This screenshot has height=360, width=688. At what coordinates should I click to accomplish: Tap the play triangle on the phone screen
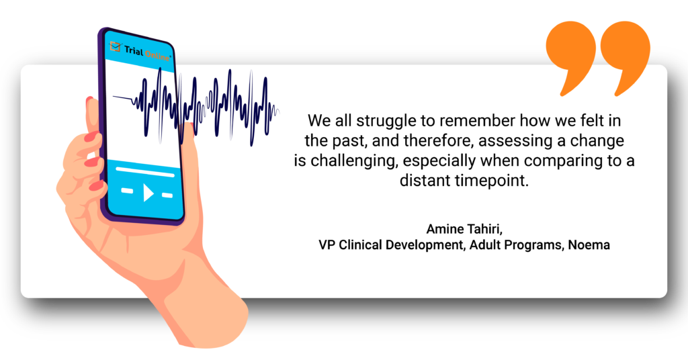(148, 192)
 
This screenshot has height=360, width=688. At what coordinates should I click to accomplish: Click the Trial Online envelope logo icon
(115, 46)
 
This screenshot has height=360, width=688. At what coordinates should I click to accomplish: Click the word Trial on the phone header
(134, 50)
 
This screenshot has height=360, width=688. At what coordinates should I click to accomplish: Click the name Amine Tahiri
(464, 229)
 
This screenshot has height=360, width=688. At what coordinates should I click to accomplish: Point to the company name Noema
(589, 244)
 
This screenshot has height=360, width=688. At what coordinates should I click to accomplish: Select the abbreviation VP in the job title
(327, 244)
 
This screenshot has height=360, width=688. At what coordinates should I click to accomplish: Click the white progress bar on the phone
(145, 171)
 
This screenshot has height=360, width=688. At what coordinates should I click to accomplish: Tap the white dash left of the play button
(127, 190)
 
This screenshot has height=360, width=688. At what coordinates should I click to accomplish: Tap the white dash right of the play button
(167, 195)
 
